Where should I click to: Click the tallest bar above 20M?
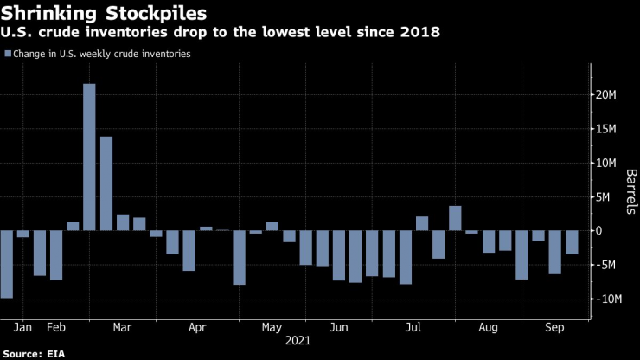coord(89,157)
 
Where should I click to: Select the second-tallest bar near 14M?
coord(106,183)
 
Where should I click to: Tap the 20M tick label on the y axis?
coord(604,95)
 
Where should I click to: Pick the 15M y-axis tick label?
coord(604,129)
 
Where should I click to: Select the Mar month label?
coord(122,328)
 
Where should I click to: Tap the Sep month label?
coord(554,328)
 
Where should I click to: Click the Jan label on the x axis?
coord(23,328)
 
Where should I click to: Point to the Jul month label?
coord(413,328)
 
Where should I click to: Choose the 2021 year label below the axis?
coord(298,342)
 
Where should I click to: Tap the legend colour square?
coord(9,54)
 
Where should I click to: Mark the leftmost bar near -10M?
coord(6,264)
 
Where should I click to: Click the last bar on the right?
coord(572,242)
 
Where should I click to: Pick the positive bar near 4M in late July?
coord(455,218)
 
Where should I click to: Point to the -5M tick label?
coord(604,265)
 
